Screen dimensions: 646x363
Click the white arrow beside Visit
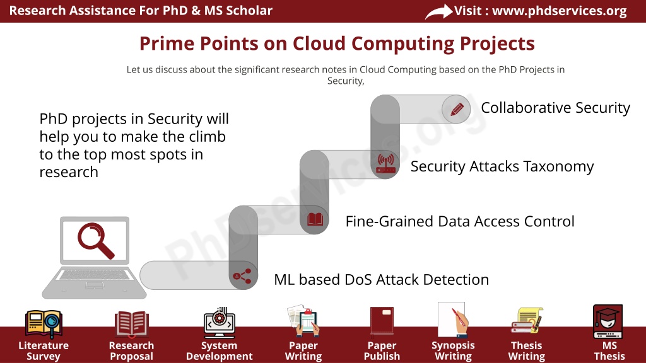(438, 11)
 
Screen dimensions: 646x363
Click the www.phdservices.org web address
(560, 11)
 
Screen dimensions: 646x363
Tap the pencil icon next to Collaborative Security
(457, 110)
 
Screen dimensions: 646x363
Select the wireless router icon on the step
(385, 163)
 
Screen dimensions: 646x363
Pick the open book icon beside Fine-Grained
(315, 219)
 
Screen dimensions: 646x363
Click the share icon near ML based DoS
(242, 276)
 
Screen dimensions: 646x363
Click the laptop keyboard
(95, 275)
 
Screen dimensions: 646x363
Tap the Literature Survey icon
(44, 324)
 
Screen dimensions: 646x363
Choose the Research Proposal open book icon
(131, 323)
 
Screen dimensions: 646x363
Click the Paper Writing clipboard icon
(304, 321)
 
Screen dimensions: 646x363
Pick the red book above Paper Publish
(382, 321)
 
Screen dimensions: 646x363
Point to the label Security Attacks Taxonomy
(502, 166)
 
